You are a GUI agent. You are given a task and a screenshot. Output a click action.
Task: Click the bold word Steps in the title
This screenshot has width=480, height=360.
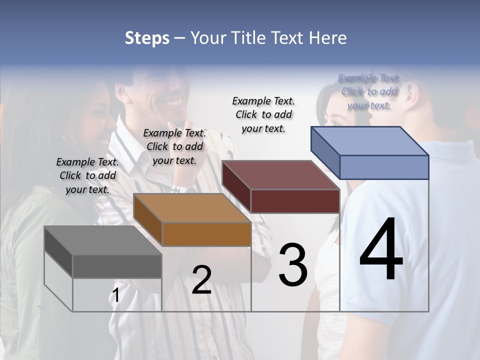(147, 38)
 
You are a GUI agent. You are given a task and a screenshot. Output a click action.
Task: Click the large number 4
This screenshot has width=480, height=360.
(381, 249)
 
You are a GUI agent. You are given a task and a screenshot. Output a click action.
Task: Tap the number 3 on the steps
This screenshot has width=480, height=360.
(293, 264)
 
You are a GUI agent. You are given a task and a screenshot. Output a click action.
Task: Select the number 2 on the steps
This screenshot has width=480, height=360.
(201, 280)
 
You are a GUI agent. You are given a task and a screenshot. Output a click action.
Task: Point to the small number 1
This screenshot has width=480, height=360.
(115, 295)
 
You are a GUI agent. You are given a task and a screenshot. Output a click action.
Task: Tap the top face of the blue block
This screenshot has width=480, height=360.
(370, 141)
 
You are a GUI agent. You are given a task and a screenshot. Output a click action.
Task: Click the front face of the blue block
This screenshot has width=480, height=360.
(384, 167)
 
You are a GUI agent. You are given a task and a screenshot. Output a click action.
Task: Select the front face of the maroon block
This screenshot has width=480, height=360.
(295, 201)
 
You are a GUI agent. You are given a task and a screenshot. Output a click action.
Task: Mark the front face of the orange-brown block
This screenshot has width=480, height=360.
(206, 234)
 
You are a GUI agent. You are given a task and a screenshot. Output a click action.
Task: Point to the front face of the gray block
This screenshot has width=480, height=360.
(117, 266)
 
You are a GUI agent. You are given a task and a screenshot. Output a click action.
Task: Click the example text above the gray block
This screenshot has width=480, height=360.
(87, 175)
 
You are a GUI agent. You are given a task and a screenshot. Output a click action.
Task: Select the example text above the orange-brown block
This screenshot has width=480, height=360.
(174, 146)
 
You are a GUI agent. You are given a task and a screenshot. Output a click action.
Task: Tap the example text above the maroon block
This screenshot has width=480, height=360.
(263, 114)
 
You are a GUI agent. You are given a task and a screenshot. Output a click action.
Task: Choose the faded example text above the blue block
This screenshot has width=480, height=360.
(369, 91)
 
